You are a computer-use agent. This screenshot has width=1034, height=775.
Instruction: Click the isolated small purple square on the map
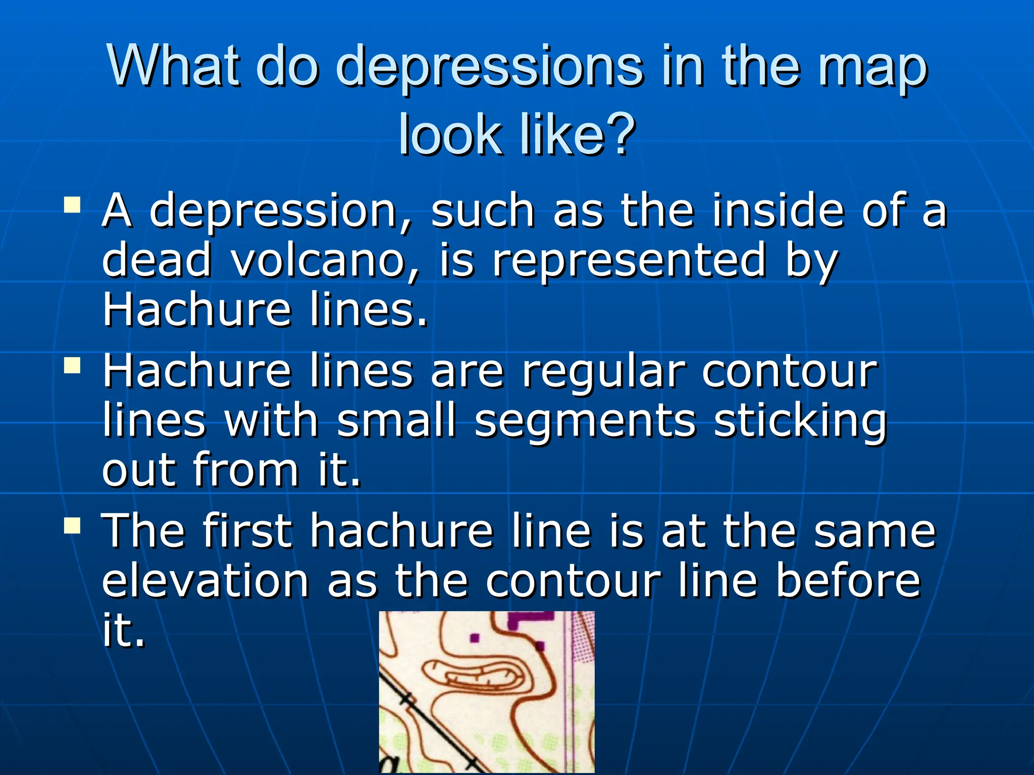(x=474, y=639)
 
